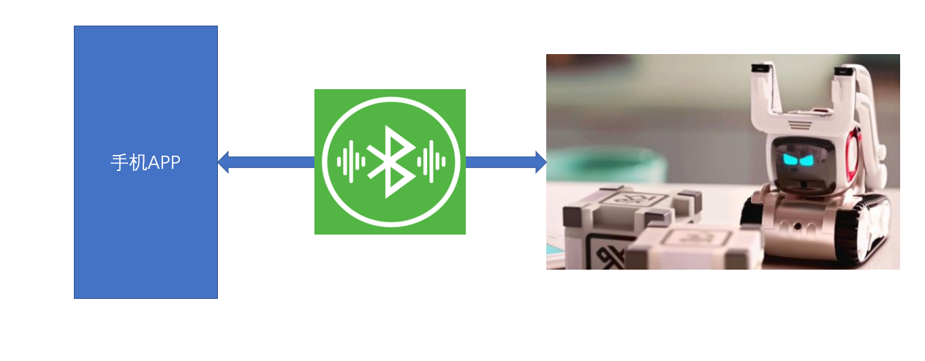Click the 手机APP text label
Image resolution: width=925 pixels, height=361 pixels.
coord(146,162)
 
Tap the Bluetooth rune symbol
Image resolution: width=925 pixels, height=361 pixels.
coord(388,161)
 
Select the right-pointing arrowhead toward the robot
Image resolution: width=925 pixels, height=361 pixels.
coord(540,161)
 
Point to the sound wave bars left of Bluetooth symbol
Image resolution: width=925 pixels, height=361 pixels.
coord(350,161)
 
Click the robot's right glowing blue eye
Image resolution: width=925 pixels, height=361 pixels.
coord(813,159)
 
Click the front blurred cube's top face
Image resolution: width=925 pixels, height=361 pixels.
coord(695,237)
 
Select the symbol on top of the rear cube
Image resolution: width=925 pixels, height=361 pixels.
coord(629,197)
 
